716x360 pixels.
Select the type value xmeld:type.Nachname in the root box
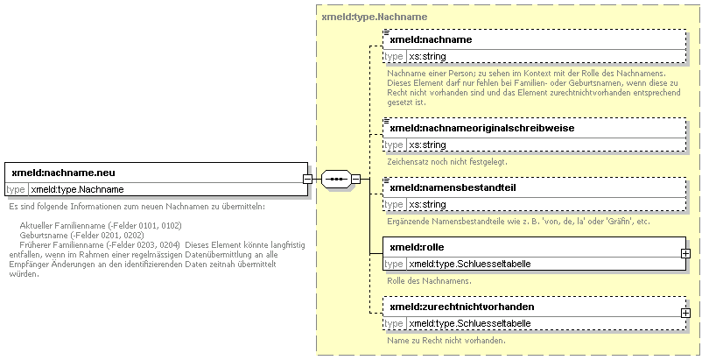pyautogui.click(x=77, y=189)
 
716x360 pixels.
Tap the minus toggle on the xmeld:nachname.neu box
pyautogui.click(x=308, y=179)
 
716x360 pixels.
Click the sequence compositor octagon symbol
pyautogui.click(x=336, y=179)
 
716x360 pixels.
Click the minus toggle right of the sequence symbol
pyautogui.click(x=355, y=179)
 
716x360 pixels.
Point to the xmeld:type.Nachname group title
pyautogui.click(x=375, y=17)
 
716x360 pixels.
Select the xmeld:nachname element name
pyautogui.click(x=431, y=39)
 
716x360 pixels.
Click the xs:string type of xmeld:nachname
pyautogui.click(x=427, y=57)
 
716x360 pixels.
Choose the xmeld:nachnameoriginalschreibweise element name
pyautogui.click(x=482, y=128)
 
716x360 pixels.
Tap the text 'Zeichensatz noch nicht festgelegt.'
pyautogui.click(x=447, y=162)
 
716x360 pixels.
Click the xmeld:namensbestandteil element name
pyautogui.click(x=453, y=187)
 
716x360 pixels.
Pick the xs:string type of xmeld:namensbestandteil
pyautogui.click(x=427, y=205)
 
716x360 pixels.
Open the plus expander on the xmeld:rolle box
pyautogui.click(x=685, y=253)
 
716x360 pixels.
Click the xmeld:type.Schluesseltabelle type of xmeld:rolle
pyautogui.click(x=470, y=264)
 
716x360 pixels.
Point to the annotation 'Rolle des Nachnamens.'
pyautogui.click(x=429, y=281)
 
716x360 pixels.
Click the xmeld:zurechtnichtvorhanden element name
pyautogui.click(x=462, y=307)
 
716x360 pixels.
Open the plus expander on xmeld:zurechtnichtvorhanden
pyautogui.click(x=685, y=314)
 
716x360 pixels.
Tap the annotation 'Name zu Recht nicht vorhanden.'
pyautogui.click(x=446, y=341)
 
